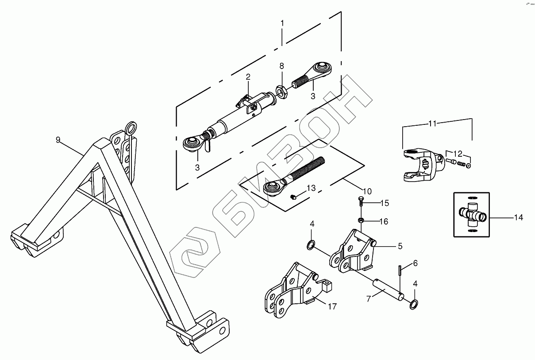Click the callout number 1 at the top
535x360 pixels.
pyautogui.click(x=282, y=23)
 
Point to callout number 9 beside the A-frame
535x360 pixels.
pyautogui.click(x=58, y=139)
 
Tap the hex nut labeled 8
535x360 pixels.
pyautogui.click(x=281, y=92)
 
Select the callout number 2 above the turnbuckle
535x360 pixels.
pyautogui.click(x=248, y=77)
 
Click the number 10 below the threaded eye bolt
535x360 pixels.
pyautogui.click(x=367, y=191)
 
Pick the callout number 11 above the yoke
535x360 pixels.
pyautogui.click(x=432, y=124)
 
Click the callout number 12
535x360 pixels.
pyautogui.click(x=458, y=154)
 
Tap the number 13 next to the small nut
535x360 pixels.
pyautogui.click(x=311, y=189)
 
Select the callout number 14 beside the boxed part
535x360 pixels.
pyautogui.click(x=519, y=217)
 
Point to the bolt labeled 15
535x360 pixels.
pyautogui.click(x=360, y=203)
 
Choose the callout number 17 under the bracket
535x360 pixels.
pyautogui.click(x=332, y=306)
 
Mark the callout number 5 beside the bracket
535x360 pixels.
pyautogui.click(x=400, y=244)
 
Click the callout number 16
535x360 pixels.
pyautogui.click(x=384, y=221)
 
